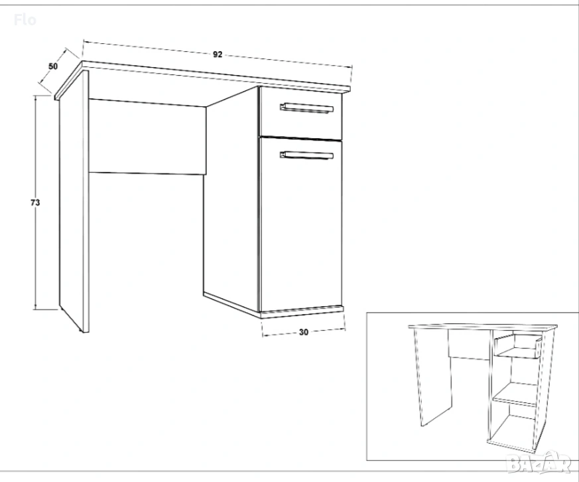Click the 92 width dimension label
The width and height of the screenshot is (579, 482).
pyautogui.click(x=218, y=54)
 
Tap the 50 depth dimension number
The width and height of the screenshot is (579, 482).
pyautogui.click(x=53, y=66)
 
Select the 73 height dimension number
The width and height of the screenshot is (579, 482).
pyautogui.click(x=35, y=202)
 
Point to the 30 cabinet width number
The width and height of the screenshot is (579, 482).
pyautogui.click(x=304, y=333)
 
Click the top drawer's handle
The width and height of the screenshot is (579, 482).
pyautogui.click(x=307, y=108)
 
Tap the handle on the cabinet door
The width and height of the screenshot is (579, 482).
pyautogui.click(x=307, y=155)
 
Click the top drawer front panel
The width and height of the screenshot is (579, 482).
pyautogui.click(x=301, y=113)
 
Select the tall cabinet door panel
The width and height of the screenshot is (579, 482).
pyautogui.click(x=301, y=224)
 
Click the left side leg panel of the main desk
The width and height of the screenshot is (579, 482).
pyautogui.click(x=74, y=201)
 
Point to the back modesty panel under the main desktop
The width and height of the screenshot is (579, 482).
pyautogui.click(x=148, y=137)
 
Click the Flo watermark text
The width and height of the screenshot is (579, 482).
pyautogui.click(x=25, y=20)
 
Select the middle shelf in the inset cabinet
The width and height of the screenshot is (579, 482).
pyautogui.click(x=516, y=394)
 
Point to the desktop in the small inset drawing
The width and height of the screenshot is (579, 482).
pyautogui.click(x=483, y=327)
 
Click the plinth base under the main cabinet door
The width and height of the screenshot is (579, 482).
pyautogui.click(x=302, y=312)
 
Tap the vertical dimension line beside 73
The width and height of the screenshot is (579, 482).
pyautogui.click(x=35, y=202)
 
